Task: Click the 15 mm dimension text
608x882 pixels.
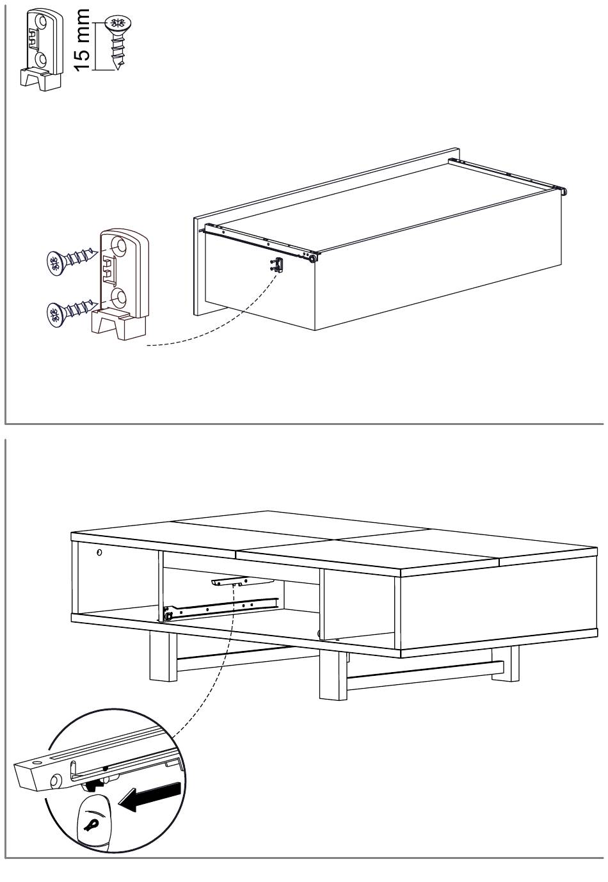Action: click(83, 40)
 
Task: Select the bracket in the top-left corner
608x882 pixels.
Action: click(42, 49)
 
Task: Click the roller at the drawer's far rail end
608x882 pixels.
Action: click(564, 191)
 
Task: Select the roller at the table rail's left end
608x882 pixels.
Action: click(169, 616)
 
